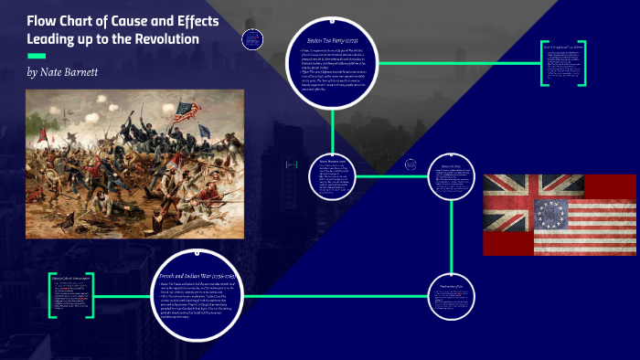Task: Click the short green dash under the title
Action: coord(37,56)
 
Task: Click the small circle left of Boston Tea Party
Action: coord(254,39)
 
